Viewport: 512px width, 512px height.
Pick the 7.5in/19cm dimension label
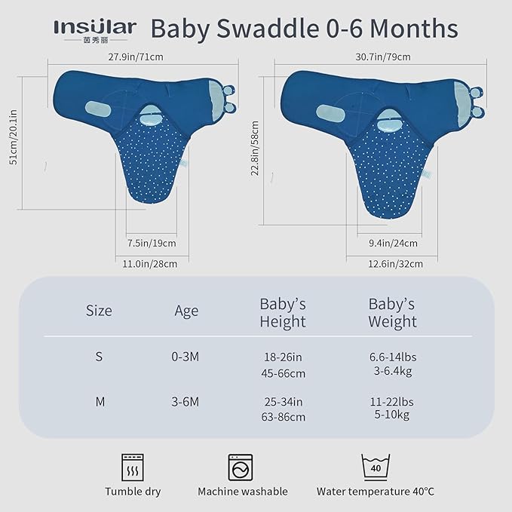[x=151, y=243]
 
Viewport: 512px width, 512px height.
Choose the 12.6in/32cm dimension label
[x=396, y=263]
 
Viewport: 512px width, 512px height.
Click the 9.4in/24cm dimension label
[x=393, y=243]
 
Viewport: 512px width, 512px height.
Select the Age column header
[x=186, y=311]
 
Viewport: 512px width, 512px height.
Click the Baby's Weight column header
[x=392, y=313]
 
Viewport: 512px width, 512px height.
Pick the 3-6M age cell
[x=185, y=401]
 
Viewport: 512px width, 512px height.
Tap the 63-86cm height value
[x=283, y=416]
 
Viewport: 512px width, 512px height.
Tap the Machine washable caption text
[x=242, y=492]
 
